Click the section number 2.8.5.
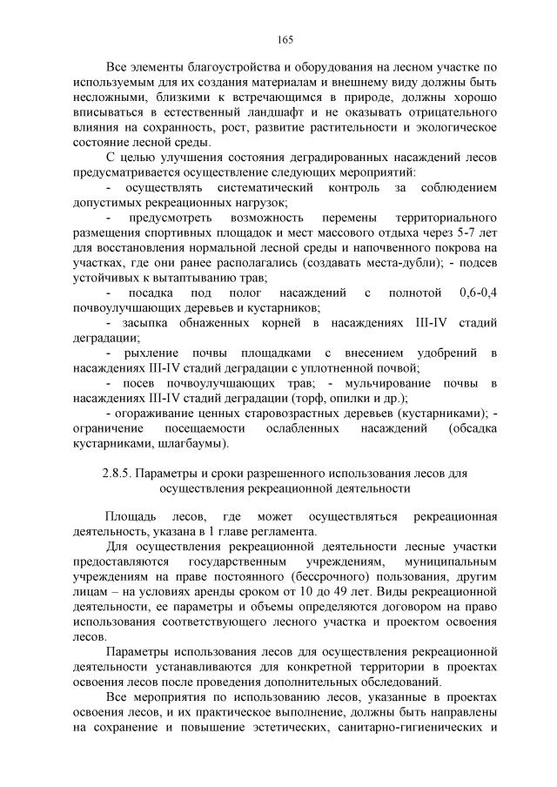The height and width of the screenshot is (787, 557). pyautogui.click(x=120, y=474)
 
